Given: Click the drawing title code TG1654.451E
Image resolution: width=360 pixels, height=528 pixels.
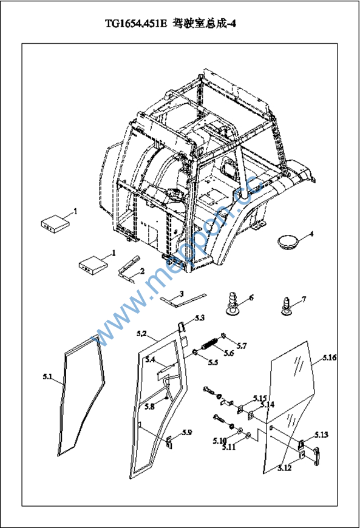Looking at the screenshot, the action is (136, 24).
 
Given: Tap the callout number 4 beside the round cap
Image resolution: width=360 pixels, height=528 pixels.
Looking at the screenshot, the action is (311, 234).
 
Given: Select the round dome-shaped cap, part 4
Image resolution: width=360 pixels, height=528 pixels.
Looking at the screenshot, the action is (288, 242).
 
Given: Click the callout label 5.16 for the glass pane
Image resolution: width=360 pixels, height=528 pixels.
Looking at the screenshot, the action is (330, 357).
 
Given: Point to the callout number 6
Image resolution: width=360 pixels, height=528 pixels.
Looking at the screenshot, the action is (251, 297).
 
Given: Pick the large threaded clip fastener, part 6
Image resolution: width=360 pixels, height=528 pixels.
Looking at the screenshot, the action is (233, 302).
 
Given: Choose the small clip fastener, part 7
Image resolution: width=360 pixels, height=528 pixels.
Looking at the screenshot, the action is (287, 306).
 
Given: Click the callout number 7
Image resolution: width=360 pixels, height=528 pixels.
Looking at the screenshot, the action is (304, 299).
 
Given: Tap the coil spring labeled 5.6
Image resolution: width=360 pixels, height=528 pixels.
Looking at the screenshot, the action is (209, 344).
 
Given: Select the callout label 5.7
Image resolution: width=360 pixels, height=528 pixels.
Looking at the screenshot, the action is (242, 345).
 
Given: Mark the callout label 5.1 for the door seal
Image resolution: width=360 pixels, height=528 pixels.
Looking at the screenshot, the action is (48, 376).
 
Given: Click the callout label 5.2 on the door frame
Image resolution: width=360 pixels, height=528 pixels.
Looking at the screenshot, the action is (142, 334).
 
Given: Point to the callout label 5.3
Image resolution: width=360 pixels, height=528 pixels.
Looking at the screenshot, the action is (199, 318).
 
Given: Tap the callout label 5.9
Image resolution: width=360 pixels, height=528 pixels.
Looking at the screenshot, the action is (187, 432).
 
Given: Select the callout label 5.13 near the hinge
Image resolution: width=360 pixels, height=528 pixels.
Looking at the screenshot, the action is (321, 435).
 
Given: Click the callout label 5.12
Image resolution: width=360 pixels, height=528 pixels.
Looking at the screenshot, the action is (285, 468).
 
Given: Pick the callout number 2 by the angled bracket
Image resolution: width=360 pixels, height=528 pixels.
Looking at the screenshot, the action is (142, 271).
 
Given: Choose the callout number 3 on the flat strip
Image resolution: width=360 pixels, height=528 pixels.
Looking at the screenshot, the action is (182, 294).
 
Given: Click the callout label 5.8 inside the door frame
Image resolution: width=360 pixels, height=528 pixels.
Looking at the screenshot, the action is (149, 407).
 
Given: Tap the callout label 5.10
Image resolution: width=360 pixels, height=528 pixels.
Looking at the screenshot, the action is (220, 441).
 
